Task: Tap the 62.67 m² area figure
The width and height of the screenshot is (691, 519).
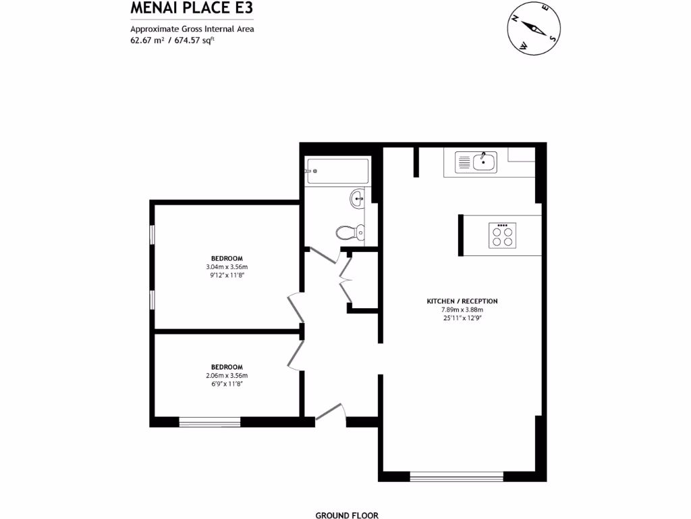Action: click(147, 40)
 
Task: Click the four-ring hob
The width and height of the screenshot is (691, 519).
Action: click(502, 236)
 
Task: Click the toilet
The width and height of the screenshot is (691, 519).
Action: click(349, 232)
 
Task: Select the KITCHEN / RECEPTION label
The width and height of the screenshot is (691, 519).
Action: click(462, 301)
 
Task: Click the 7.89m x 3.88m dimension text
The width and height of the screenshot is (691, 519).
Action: click(462, 310)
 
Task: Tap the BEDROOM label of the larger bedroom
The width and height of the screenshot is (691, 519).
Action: click(227, 258)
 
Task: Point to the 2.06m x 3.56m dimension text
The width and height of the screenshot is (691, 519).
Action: click(227, 376)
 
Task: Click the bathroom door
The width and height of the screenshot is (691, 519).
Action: click(323, 257)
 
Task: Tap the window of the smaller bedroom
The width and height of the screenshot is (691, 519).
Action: click(210, 422)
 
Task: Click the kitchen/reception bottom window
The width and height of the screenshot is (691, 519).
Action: click(457, 476)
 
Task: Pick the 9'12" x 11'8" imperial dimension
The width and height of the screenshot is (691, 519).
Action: click(227, 275)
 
